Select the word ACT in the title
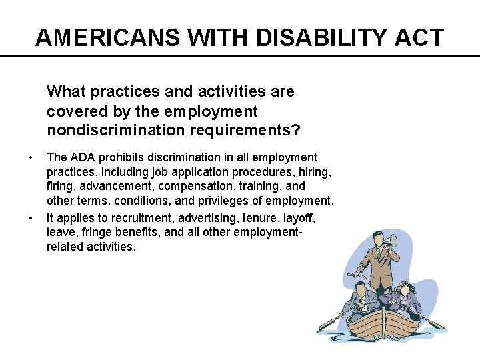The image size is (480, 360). pos(418,37)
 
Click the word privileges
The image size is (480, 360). pos(227,201)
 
